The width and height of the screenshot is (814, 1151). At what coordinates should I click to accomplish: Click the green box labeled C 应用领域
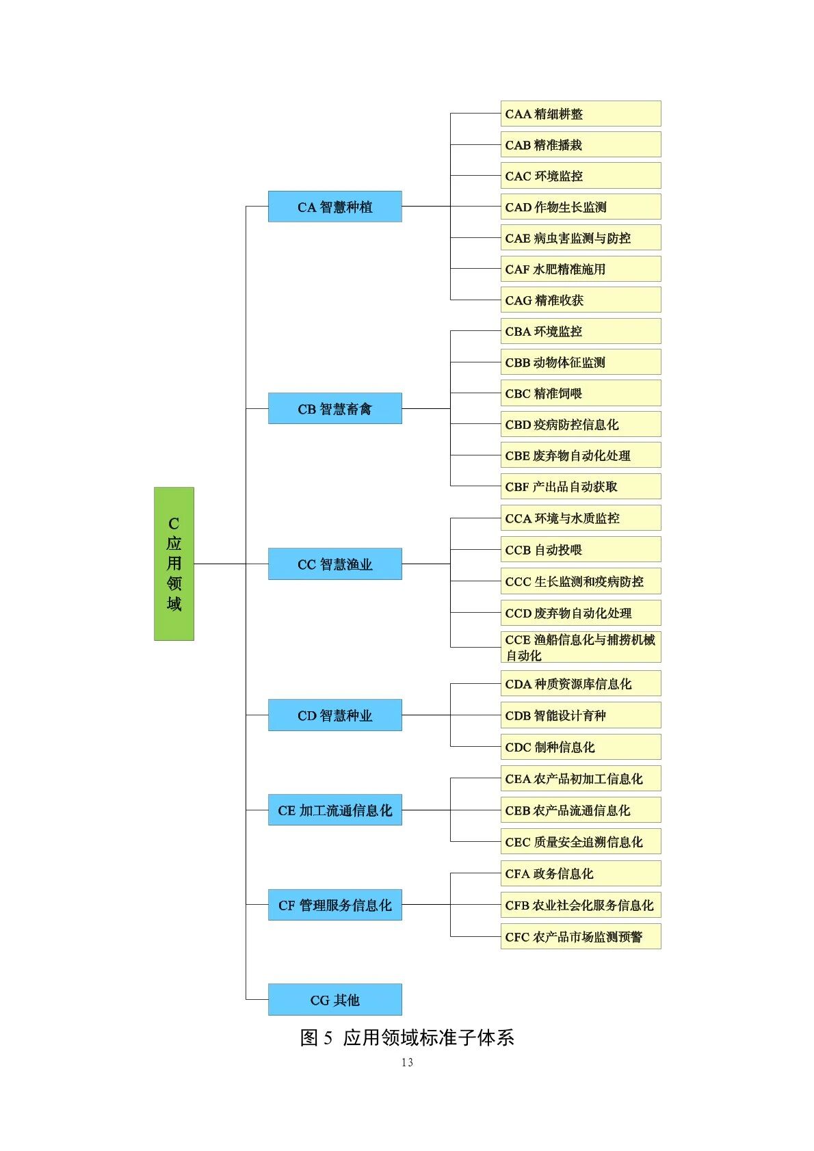(x=174, y=564)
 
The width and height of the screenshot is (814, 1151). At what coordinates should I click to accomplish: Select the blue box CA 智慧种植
(x=334, y=207)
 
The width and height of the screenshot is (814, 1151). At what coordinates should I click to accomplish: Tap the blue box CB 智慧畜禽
(x=334, y=408)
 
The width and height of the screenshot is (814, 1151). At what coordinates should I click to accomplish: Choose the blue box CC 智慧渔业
(x=334, y=564)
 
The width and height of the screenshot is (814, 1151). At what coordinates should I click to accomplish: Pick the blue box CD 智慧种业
(x=334, y=715)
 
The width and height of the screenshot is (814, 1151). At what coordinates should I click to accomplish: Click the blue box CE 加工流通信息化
(x=334, y=810)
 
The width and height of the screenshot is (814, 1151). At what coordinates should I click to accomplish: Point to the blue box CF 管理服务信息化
(x=334, y=905)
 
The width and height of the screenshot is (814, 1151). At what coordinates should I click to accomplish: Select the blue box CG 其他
(x=334, y=999)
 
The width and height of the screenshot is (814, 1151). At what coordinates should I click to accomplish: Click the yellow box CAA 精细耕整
(x=580, y=114)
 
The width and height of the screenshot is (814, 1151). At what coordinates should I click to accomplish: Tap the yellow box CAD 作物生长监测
(x=580, y=207)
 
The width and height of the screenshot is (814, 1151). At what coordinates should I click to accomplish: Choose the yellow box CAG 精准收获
(x=580, y=300)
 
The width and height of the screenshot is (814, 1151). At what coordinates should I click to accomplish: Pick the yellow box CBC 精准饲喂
(x=580, y=393)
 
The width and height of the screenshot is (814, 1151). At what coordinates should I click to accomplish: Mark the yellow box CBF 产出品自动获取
(x=580, y=486)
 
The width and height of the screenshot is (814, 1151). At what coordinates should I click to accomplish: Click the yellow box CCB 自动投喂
(x=580, y=549)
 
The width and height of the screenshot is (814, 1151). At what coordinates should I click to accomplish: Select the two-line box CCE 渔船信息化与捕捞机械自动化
(x=580, y=647)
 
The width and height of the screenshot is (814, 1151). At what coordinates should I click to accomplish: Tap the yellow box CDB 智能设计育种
(x=580, y=715)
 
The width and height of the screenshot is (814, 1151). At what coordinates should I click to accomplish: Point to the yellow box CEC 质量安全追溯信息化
(x=580, y=841)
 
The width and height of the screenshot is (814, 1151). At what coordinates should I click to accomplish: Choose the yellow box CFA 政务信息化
(x=580, y=873)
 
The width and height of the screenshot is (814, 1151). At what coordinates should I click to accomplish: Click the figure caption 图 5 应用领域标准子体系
(x=407, y=1037)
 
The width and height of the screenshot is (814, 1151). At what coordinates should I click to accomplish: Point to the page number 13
(x=407, y=1062)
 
